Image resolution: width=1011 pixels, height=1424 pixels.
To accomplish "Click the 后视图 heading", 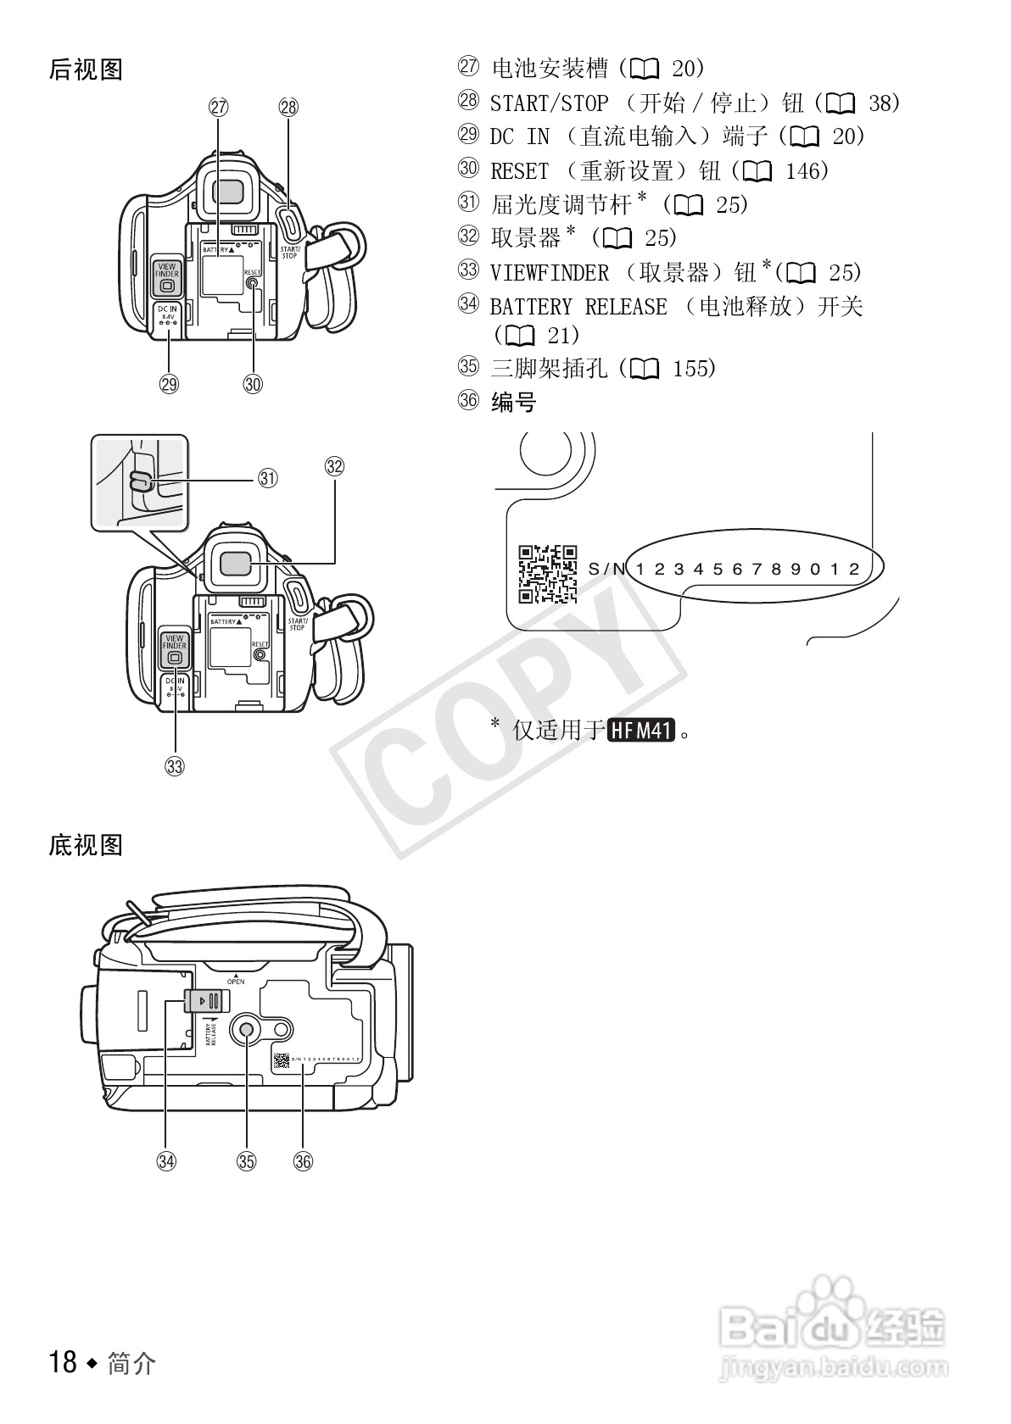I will tap(86, 70).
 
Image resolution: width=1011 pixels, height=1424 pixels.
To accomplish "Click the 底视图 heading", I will tap(86, 845).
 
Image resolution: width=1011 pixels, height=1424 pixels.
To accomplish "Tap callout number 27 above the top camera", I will tap(218, 107).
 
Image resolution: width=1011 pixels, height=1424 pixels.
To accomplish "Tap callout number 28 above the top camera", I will tap(288, 107).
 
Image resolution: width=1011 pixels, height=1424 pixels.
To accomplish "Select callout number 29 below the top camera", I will tap(170, 384).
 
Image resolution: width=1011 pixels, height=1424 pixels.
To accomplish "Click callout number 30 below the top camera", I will tap(253, 384).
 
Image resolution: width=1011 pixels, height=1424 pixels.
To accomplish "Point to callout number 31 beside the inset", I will tap(268, 478).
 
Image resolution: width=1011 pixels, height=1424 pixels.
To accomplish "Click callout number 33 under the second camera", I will tap(175, 767).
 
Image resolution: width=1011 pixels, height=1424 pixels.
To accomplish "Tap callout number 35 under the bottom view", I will tap(246, 1161).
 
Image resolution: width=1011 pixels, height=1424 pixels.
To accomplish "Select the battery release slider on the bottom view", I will tap(204, 1000).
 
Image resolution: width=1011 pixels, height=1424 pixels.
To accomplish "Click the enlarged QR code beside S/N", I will tap(547, 574).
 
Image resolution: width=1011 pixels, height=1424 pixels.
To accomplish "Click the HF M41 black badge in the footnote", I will tap(642, 730).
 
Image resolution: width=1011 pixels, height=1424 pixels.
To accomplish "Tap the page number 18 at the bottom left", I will tap(64, 1362).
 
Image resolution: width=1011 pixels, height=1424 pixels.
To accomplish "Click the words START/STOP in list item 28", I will tap(549, 103).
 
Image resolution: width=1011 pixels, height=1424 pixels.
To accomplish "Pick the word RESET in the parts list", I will tap(520, 171).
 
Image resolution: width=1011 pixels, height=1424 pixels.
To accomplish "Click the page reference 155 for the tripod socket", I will tap(693, 368).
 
